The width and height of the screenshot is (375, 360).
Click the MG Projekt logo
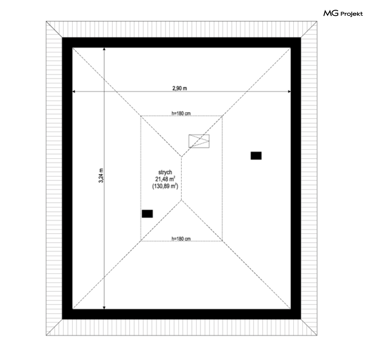point(343,14)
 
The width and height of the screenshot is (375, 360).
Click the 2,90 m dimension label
point(180,88)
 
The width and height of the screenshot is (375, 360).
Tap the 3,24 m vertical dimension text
point(101,175)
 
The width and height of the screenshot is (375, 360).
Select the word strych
point(165,172)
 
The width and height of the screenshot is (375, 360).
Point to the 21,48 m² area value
point(165,179)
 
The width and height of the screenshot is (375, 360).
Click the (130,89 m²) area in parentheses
point(165,186)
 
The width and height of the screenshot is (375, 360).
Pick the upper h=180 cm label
point(181,113)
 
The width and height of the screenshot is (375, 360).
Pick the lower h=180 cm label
point(181,238)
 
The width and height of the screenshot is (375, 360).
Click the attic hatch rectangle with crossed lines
point(199,141)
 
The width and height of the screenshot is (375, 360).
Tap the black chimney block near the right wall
point(256,156)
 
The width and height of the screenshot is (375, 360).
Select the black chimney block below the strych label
point(147,214)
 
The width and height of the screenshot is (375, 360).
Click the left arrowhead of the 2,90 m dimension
point(73,91)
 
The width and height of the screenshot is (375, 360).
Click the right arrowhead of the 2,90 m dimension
point(289,91)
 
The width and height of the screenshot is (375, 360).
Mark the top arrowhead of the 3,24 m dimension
point(104,49)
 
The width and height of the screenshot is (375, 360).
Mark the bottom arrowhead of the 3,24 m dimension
point(104,308)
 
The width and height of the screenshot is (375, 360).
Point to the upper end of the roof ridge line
point(182,157)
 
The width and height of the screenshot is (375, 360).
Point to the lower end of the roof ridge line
point(182,200)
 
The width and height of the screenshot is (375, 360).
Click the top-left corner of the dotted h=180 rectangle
point(141,116)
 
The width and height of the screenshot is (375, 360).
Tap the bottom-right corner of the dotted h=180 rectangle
point(222,241)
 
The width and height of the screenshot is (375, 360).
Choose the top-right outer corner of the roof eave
point(317,21)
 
